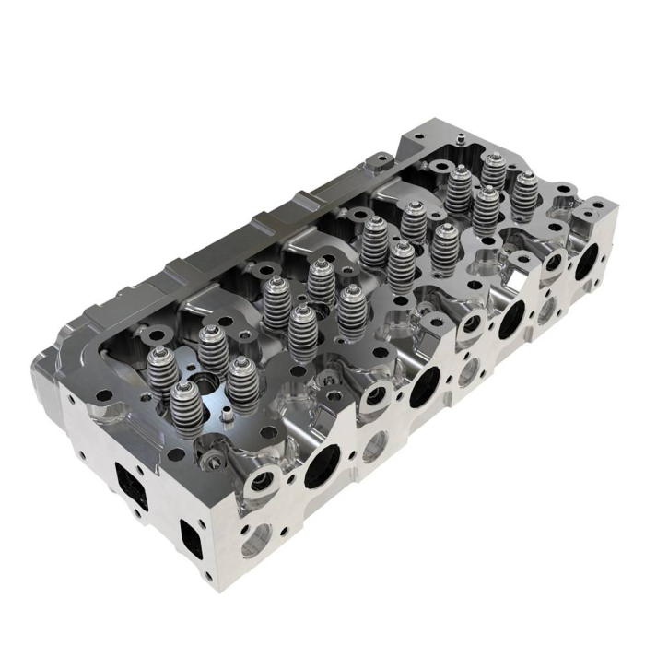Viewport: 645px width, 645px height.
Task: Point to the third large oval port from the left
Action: [x=511, y=317]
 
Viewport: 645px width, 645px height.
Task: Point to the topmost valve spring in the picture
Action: [x=491, y=168]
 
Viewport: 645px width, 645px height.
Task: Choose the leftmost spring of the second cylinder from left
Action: [x=276, y=300]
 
